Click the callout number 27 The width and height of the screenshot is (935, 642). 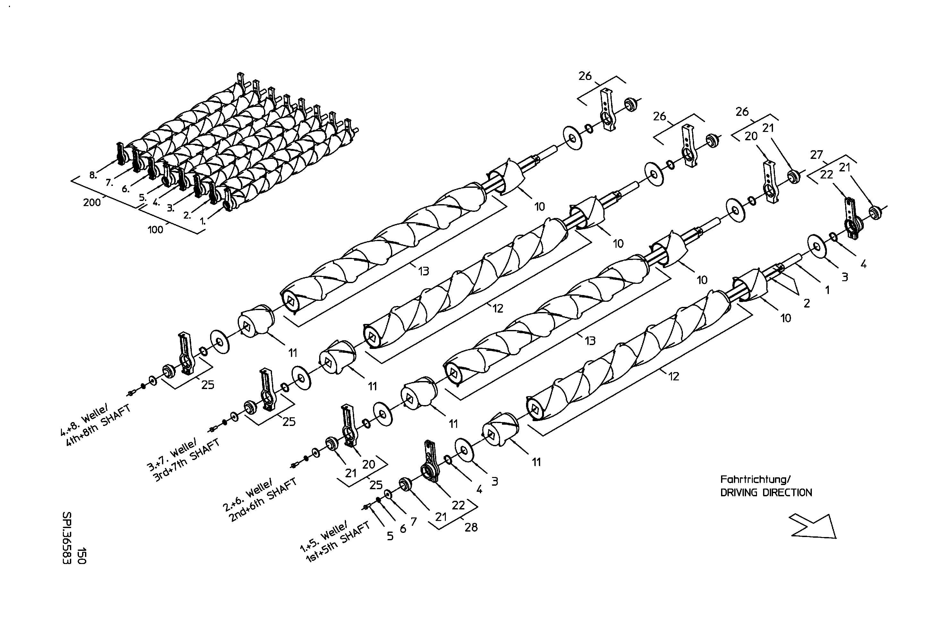tap(816, 155)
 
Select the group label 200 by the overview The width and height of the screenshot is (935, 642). tap(92, 203)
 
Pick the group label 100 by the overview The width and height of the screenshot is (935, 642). tap(155, 230)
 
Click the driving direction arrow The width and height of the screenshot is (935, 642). tap(813, 526)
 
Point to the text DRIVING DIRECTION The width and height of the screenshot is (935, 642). tap(766, 493)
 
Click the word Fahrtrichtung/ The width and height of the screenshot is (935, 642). tap(755, 479)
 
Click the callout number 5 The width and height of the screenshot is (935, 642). tap(389, 536)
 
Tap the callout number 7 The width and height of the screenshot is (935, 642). tap(413, 522)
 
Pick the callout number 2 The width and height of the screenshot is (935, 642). tap(807, 303)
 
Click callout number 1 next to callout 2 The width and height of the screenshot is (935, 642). tap(827, 290)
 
